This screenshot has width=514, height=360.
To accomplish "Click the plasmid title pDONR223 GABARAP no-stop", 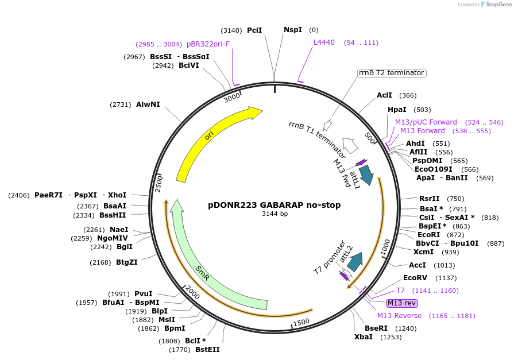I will [274, 205].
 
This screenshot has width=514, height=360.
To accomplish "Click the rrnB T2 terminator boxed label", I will [391, 73].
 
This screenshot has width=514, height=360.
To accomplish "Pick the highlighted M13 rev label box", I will [401, 303].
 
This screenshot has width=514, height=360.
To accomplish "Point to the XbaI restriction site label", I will [363, 336].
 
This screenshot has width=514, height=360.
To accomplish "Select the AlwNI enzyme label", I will [148, 104].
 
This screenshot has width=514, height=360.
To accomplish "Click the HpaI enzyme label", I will [397, 109].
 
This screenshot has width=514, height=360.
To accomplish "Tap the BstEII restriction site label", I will [207, 349].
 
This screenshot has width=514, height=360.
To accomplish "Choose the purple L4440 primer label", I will [324, 42].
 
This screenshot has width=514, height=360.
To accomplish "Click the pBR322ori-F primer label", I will [208, 44].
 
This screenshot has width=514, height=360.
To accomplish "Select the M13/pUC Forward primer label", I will [426, 122].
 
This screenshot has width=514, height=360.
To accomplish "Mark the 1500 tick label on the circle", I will [302, 322].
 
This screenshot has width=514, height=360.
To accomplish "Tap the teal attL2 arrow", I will [355, 261].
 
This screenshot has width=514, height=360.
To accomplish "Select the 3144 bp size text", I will [274, 214].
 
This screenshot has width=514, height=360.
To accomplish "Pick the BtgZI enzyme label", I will [126, 262].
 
